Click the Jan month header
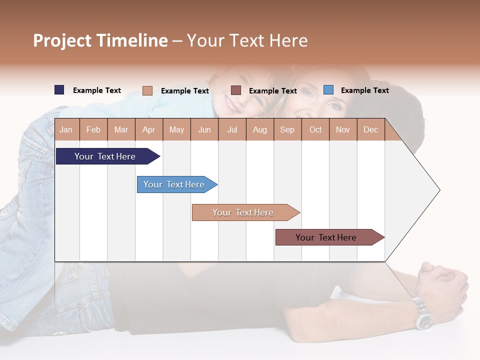click(x=66, y=130)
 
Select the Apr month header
click(x=149, y=130)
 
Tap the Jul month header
click(x=232, y=130)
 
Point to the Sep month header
click(x=287, y=130)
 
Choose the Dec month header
click(x=370, y=130)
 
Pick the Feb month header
click(x=93, y=130)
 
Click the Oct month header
click(x=315, y=130)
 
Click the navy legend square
click(x=59, y=90)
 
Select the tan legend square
click(x=147, y=90)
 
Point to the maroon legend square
click(x=236, y=90)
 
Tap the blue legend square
click(x=328, y=90)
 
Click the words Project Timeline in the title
click(x=100, y=40)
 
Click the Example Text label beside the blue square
click(x=364, y=90)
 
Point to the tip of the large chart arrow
click(x=439, y=190)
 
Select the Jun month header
click(x=204, y=130)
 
